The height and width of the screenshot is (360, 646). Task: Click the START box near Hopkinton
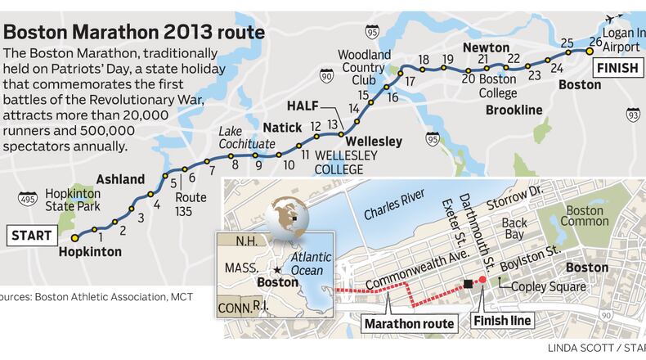[x=31, y=236]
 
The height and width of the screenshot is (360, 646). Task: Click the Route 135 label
[x=195, y=202]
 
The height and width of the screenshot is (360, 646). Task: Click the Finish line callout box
[x=504, y=320]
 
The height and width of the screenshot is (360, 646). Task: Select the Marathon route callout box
[x=409, y=324]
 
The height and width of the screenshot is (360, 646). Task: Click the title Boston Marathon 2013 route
[x=134, y=34]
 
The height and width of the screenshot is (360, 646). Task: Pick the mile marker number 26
[x=594, y=42]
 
